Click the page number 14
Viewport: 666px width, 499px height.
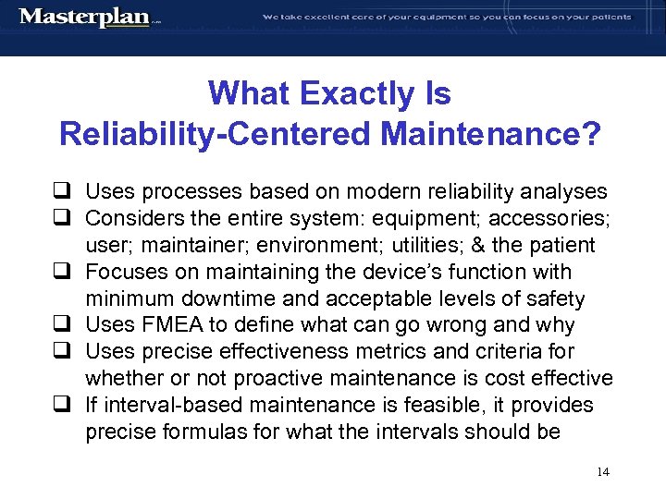coord(603,472)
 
